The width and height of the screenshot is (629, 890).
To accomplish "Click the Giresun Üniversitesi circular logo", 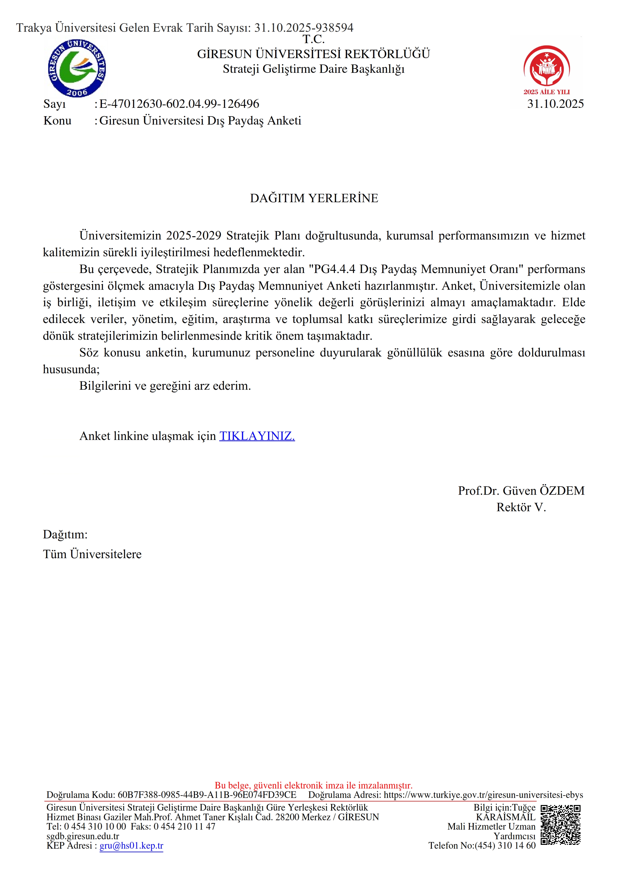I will pos(77,68).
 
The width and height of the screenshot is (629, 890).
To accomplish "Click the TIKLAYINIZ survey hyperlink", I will pos(257,436).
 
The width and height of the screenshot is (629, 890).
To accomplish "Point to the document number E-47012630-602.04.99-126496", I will pos(179,104).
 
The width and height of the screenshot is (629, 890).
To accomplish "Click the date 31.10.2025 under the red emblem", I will pos(555,104).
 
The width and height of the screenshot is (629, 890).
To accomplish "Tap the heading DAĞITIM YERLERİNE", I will pos(314,198).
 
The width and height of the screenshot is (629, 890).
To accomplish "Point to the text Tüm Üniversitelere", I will pos(92,554).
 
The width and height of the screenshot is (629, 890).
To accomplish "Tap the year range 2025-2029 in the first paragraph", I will pos(194,236).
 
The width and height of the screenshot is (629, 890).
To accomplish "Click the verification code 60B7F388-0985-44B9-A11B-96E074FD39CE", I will pos(207,795).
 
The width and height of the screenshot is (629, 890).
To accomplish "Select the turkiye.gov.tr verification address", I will pos(483,795).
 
